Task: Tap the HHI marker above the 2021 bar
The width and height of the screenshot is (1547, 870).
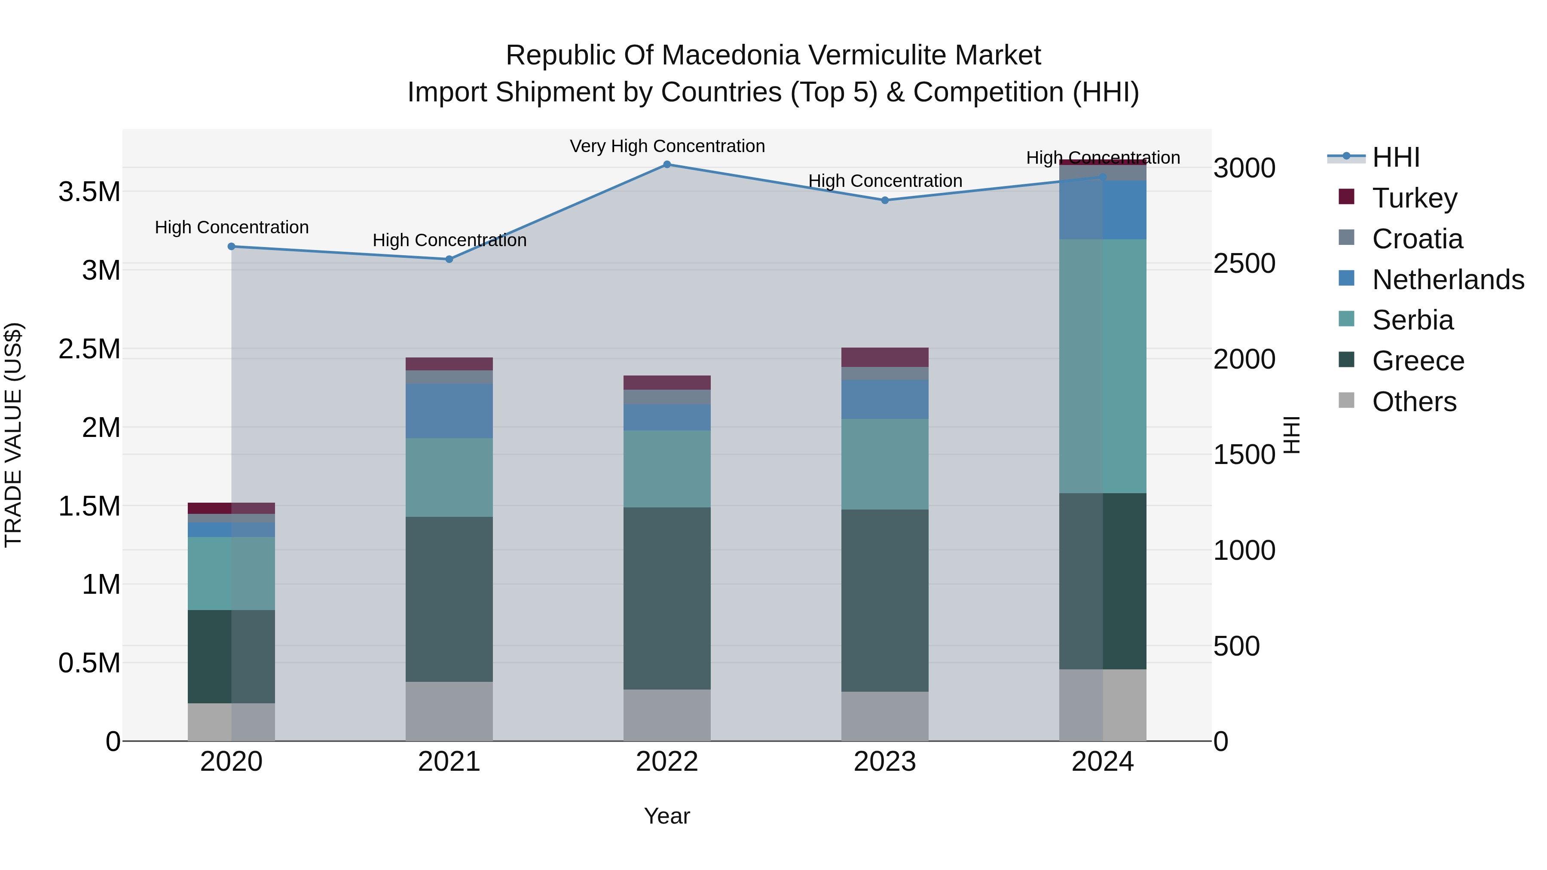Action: coord(449,259)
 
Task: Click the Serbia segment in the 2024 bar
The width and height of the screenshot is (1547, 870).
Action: coord(1103,366)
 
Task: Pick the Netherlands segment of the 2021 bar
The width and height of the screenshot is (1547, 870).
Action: coord(449,411)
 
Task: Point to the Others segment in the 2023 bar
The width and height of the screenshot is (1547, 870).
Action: coord(885,716)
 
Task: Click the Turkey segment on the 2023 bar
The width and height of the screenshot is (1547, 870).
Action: coord(885,357)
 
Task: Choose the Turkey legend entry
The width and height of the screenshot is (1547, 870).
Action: coord(1414,198)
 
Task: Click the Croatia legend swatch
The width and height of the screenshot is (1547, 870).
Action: coord(1346,238)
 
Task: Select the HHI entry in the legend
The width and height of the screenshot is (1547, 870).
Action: coord(1396,157)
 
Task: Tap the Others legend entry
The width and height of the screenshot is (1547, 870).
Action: coord(1414,402)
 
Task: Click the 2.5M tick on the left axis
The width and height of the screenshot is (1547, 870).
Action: coord(89,349)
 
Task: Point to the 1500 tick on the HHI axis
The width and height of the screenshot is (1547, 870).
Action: coord(1244,455)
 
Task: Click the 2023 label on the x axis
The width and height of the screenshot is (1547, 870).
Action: coord(885,762)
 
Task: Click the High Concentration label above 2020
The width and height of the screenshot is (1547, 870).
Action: coord(231,228)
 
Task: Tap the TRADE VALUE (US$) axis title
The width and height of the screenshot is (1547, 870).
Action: coord(14,435)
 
